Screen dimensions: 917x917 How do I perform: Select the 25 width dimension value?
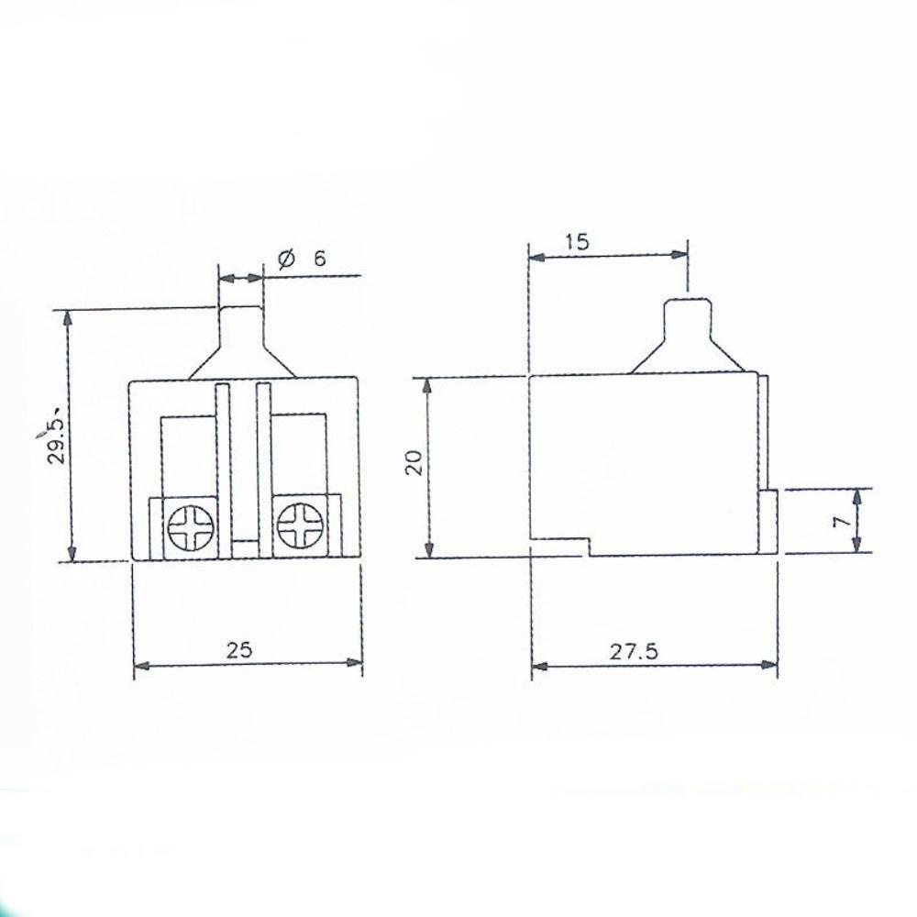click(x=239, y=650)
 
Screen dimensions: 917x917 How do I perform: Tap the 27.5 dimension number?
click(x=634, y=651)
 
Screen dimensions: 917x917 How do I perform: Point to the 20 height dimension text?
click(x=414, y=462)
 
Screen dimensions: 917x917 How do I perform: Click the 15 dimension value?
click(x=577, y=241)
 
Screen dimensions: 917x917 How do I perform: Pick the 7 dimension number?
click(x=841, y=521)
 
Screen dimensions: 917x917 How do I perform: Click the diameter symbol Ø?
click(x=286, y=258)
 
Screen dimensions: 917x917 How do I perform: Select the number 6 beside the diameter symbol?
click(x=319, y=258)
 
